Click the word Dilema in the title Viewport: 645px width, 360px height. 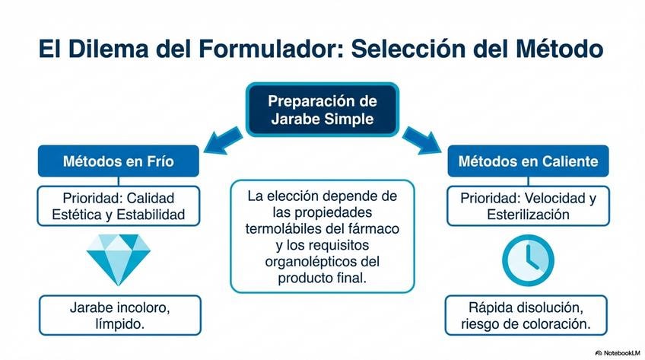coord(106,49)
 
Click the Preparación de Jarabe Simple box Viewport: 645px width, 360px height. coord(322,110)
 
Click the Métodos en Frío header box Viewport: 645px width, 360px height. coord(118,161)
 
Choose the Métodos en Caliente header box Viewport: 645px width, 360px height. coord(527,161)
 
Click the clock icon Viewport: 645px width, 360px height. coord(527,257)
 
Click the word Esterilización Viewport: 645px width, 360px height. coord(527,215)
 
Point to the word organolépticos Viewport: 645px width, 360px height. coord(305,262)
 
